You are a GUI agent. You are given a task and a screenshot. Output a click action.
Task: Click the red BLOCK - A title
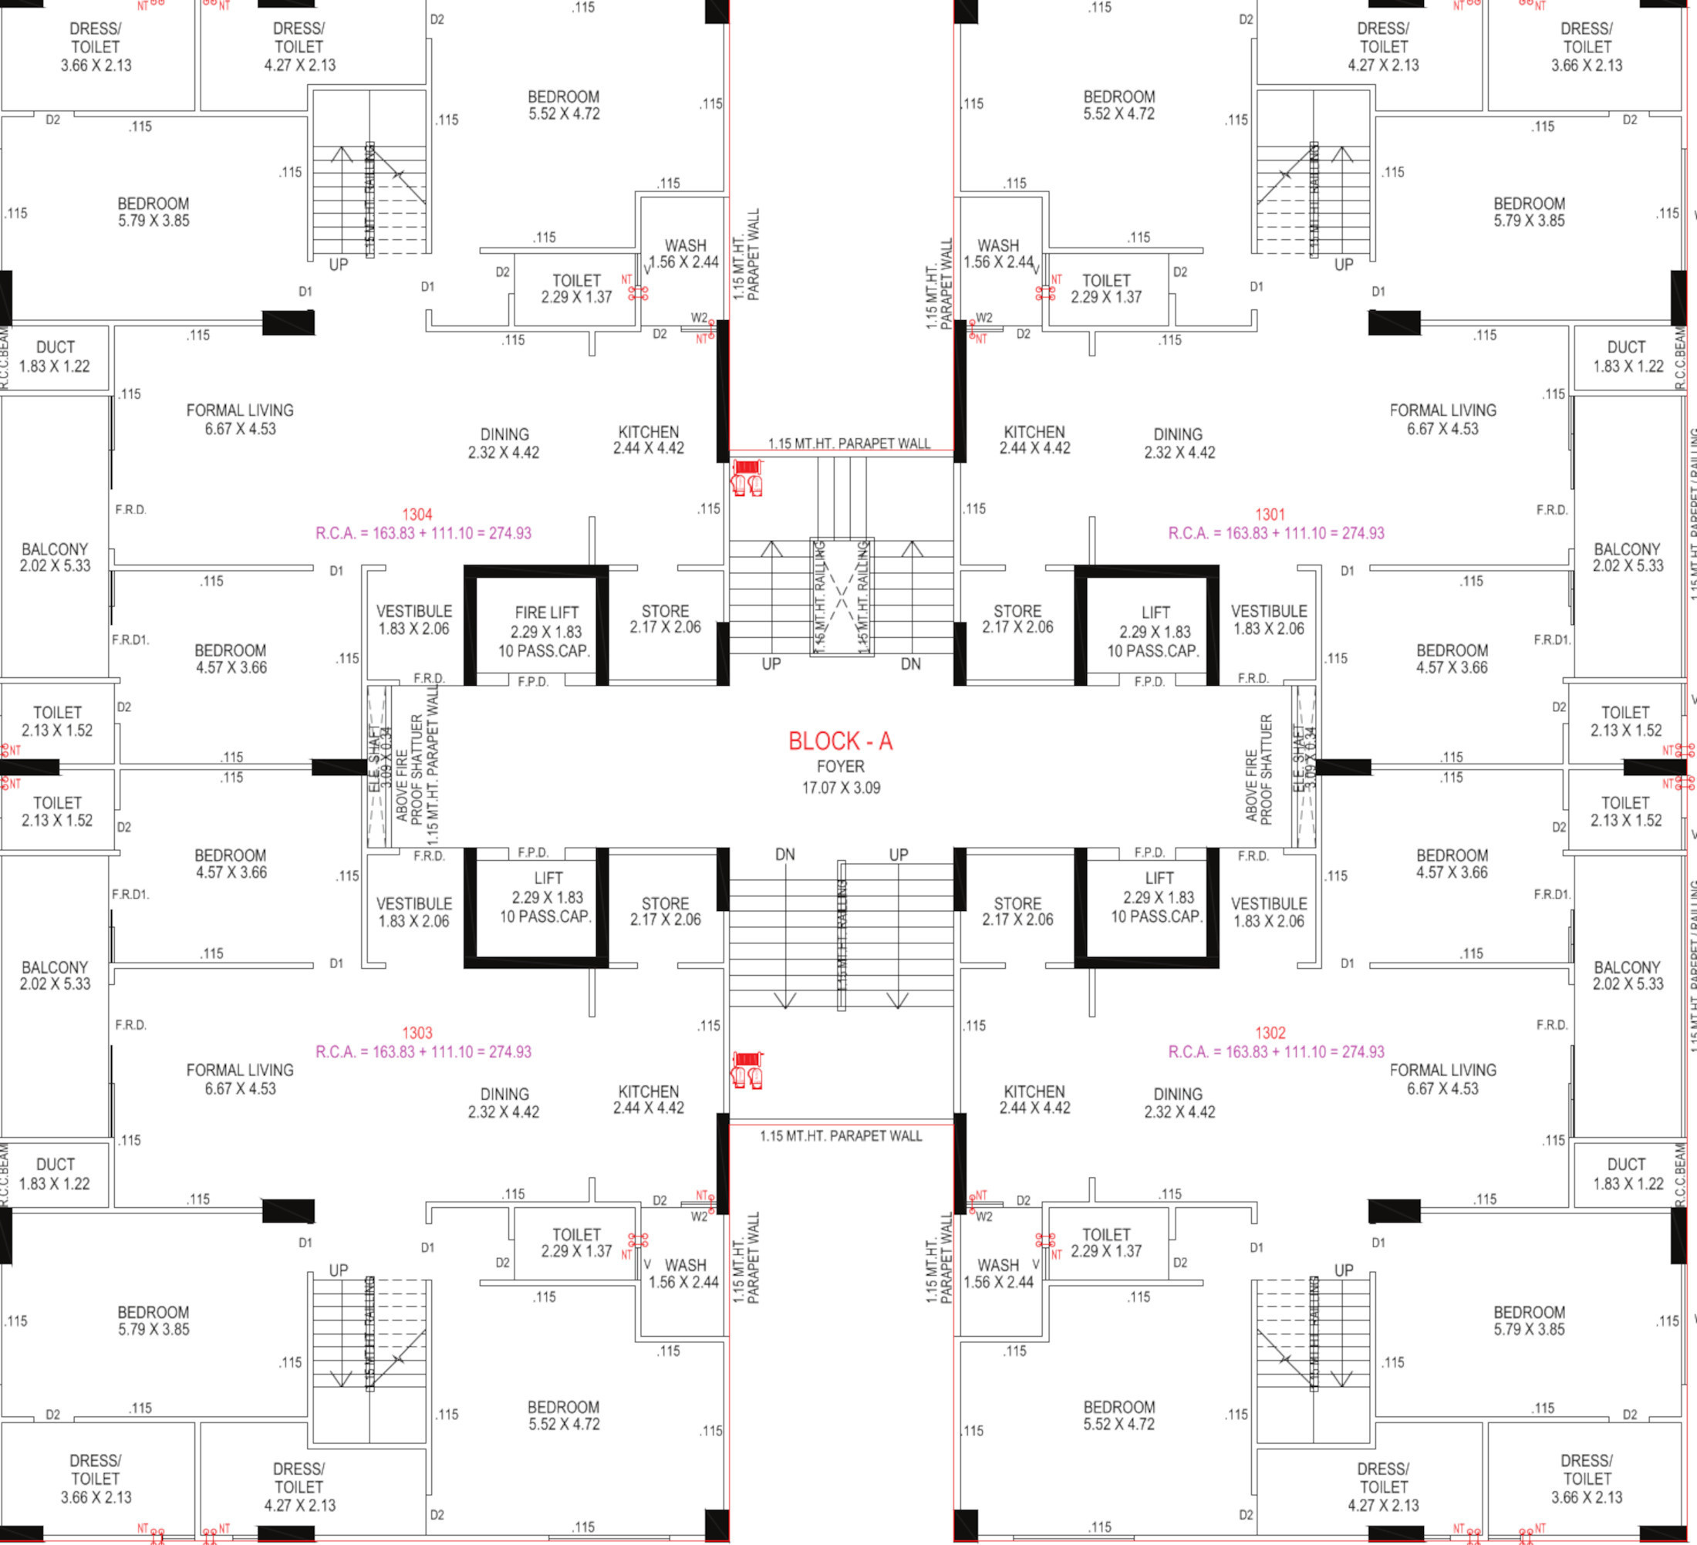(x=839, y=741)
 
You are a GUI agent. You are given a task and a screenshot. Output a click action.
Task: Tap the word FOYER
(x=840, y=766)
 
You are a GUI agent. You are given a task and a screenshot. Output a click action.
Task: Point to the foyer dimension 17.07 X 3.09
(x=840, y=788)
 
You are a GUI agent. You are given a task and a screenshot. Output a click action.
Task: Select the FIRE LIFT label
(x=546, y=613)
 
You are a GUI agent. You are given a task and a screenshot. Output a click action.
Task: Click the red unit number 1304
(x=417, y=514)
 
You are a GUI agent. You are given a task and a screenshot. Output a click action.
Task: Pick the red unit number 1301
(x=1270, y=514)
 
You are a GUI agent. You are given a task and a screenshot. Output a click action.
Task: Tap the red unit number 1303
(x=417, y=1032)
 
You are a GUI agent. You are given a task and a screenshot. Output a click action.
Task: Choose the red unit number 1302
(x=1270, y=1032)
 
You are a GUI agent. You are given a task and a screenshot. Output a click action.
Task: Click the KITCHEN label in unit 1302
(x=1034, y=1091)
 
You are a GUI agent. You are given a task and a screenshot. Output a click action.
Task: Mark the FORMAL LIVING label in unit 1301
(x=1442, y=410)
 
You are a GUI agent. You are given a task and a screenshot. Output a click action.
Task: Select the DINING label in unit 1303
(x=504, y=1094)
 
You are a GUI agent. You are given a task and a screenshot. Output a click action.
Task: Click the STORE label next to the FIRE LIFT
(x=665, y=611)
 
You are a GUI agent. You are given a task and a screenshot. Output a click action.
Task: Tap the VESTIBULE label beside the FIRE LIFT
(x=413, y=611)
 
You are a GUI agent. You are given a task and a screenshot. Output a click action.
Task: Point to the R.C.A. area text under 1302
(x=1275, y=1051)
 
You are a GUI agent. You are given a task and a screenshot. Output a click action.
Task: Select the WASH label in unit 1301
(x=997, y=246)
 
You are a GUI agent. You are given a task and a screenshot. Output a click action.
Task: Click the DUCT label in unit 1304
(x=56, y=347)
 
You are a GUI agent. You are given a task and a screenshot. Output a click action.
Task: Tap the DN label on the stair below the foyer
(x=784, y=855)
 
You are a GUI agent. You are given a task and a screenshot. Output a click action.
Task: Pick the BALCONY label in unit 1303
(x=55, y=967)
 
